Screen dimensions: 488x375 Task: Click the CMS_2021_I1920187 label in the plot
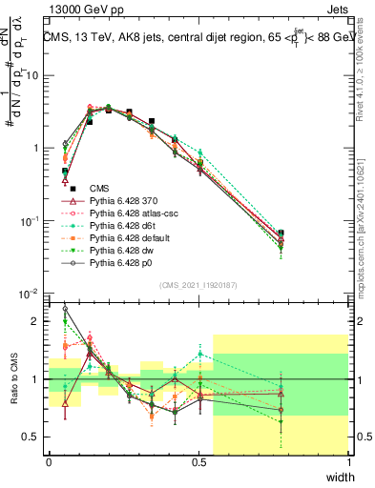pyautogui.click(x=198, y=285)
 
